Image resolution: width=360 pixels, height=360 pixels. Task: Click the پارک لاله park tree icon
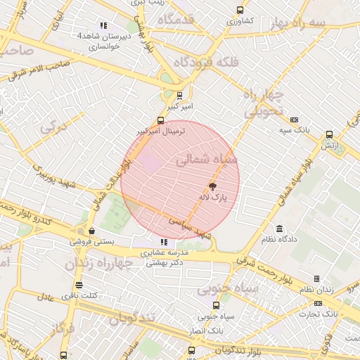coord(212,186)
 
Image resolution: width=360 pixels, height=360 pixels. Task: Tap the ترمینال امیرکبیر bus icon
coord(160,120)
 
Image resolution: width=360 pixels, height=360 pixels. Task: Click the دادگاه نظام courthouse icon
coord(280,229)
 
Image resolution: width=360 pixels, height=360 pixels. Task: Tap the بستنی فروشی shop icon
coord(91,231)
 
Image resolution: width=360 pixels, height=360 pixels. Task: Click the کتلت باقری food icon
coord(78,285)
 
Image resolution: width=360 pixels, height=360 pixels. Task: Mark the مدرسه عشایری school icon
coord(164,242)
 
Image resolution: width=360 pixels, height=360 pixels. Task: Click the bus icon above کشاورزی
coord(240,11)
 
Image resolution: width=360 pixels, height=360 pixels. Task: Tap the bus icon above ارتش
coord(329,135)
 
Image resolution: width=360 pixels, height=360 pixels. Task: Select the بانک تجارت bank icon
coord(318,303)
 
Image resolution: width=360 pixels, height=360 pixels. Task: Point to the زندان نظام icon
coord(316,279)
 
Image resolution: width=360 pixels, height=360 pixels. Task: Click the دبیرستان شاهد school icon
coord(104,25)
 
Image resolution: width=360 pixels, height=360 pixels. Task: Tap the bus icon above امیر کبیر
coord(180,96)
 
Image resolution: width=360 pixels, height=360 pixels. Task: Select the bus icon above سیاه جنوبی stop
coord(215,304)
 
